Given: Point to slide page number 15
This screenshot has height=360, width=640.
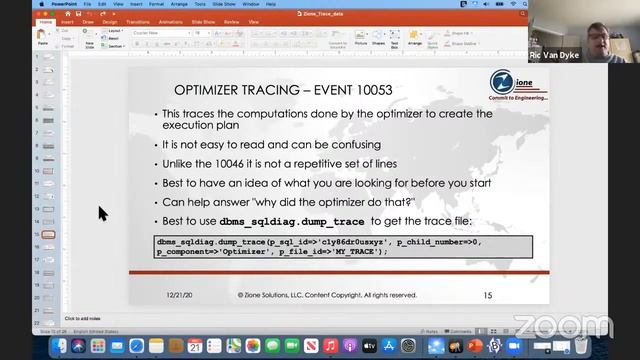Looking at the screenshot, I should pos(487,296).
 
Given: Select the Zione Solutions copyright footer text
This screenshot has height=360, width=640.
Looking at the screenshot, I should pos(327,296).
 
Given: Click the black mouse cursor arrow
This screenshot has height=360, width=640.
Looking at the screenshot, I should pos(102,213).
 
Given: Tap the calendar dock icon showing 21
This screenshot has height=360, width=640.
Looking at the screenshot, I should pos(195,346).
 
